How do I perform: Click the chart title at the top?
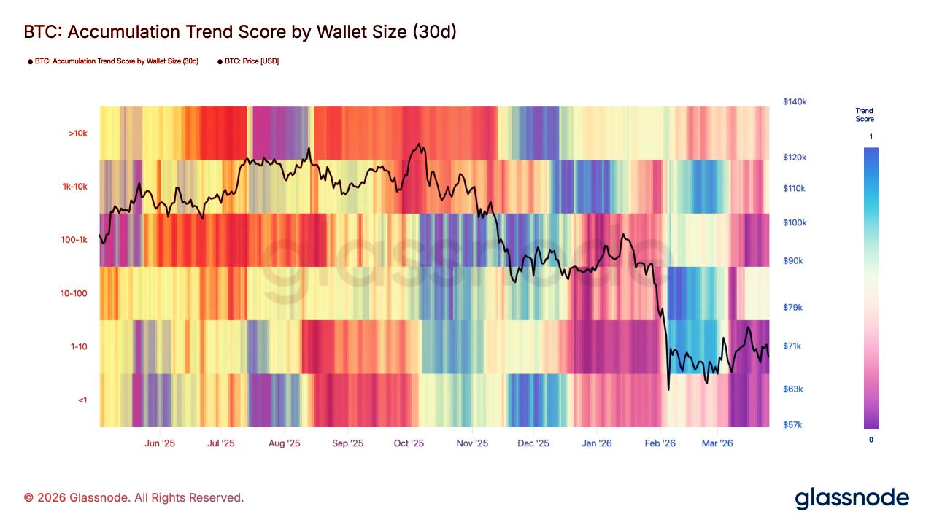coord(240,32)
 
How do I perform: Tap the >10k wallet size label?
coord(77,133)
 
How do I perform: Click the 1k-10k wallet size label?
coord(74,187)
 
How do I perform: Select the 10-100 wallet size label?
coord(74,293)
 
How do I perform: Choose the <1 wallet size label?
coord(82,400)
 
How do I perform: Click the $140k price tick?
coord(794,102)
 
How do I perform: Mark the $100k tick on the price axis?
coord(794,222)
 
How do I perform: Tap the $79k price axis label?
coord(792,307)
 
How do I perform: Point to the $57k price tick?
coord(792,424)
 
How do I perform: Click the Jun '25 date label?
coord(160,443)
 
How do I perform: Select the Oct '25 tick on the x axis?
coord(409,443)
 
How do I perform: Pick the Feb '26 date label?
coord(660,443)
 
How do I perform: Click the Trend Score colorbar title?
coord(865,114)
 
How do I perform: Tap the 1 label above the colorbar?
coord(871,137)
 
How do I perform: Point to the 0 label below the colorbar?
coord(871,440)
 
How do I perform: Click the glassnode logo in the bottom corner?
coord(852,498)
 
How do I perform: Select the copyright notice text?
coord(134,497)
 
